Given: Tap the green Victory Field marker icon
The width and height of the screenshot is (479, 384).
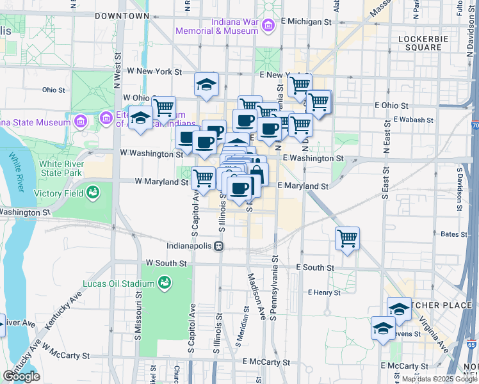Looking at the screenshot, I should pos(93,191).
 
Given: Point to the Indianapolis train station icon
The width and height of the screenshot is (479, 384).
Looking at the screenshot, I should pos(219,245).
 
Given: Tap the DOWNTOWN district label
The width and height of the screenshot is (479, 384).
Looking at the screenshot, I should pos(122,15).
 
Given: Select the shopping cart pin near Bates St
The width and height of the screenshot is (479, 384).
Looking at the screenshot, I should pos(347,239).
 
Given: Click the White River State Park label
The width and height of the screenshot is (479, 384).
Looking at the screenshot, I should pos(61,168).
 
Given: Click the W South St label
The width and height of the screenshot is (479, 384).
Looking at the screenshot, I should pos(166,263).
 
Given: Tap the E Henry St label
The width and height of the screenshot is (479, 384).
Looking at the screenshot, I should pos(323,292).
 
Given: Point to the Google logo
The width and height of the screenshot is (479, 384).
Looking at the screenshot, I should pos(22,376).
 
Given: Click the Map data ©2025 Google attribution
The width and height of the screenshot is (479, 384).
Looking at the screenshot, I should pos(439,379).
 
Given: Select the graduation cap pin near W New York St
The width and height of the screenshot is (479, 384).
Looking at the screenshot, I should pos(206,84).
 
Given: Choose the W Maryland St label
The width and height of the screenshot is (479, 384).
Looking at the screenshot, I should pos(161,182).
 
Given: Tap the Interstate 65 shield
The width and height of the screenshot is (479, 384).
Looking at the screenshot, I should pos(472,344).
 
